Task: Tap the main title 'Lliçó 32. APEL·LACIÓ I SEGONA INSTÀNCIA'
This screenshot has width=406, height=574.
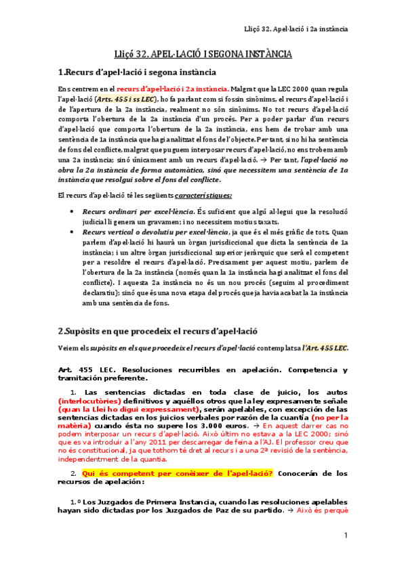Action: (x=203, y=53)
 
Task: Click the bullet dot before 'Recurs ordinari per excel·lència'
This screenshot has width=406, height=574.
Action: (x=73, y=212)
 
